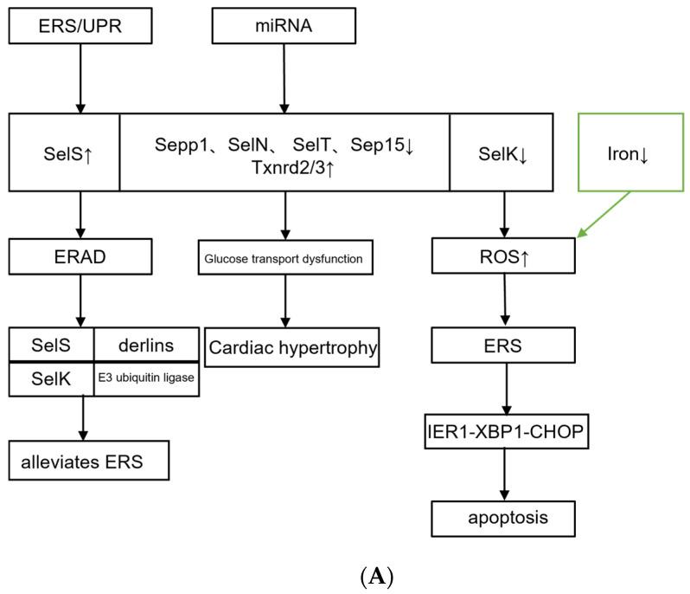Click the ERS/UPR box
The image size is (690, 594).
[80, 26]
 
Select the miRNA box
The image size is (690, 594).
[284, 26]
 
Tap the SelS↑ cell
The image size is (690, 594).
[64, 152]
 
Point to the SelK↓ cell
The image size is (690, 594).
[504, 152]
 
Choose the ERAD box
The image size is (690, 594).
[80, 257]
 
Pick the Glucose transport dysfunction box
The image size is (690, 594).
[284, 258]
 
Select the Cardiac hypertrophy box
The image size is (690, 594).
[292, 348]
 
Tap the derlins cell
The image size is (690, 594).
[146, 345]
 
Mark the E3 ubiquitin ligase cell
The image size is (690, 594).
[146, 379]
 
